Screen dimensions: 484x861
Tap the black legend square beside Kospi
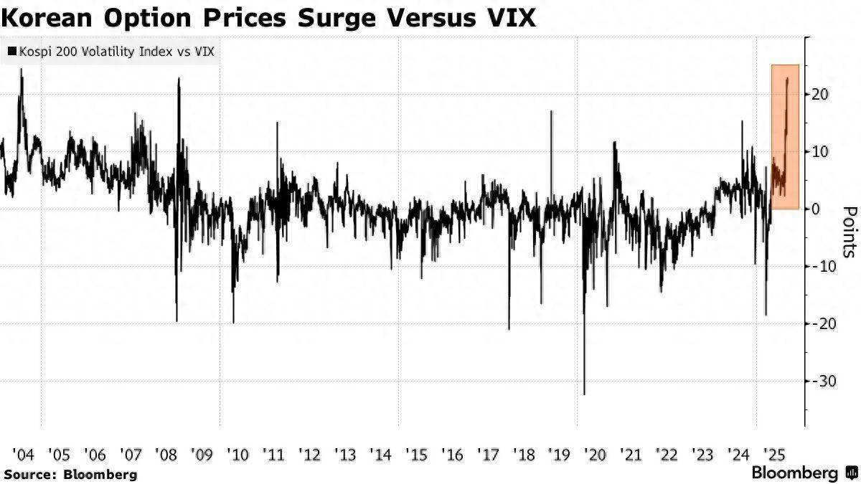point(12,52)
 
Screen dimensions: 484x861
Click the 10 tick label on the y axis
point(821,151)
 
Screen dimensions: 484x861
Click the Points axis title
point(850,232)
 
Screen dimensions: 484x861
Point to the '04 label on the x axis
point(23,454)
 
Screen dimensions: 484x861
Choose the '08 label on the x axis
point(166,454)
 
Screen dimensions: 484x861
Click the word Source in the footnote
point(30,474)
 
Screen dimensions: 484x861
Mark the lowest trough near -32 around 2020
point(584,394)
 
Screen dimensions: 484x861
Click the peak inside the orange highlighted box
point(788,79)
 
